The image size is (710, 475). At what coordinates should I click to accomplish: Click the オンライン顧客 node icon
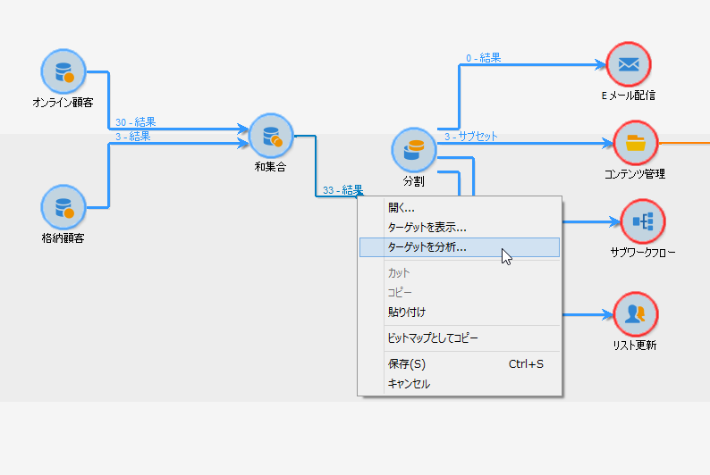pos(63,71)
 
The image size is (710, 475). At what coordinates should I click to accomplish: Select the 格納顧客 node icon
pos(63,207)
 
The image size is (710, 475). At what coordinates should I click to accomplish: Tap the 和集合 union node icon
pos(270,136)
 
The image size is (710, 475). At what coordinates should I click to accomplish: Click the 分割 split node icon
pos(413,150)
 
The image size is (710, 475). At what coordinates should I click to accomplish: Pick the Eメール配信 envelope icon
pos(629,64)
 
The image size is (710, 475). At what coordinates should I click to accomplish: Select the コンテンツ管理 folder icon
pos(636,142)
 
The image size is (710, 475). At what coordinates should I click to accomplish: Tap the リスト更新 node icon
pos(636,314)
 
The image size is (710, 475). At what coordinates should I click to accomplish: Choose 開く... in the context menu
pos(401,208)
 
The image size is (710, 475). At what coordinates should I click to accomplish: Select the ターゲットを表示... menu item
pos(427,228)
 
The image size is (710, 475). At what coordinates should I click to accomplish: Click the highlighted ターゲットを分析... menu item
pos(427,247)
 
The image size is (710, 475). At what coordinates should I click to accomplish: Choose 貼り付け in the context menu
pos(406,312)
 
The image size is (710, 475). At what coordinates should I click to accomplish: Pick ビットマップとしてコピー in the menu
pos(433,338)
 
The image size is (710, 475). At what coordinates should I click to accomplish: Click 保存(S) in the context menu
pos(406,364)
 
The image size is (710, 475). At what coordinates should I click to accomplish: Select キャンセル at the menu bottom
pos(409,384)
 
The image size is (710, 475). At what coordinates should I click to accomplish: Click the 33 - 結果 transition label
pos(342,189)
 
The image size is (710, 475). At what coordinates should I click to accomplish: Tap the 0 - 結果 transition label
pos(483,58)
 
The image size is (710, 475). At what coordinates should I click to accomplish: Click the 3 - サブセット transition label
pos(471,137)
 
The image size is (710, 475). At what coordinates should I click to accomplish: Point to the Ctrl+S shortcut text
pos(526,364)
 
